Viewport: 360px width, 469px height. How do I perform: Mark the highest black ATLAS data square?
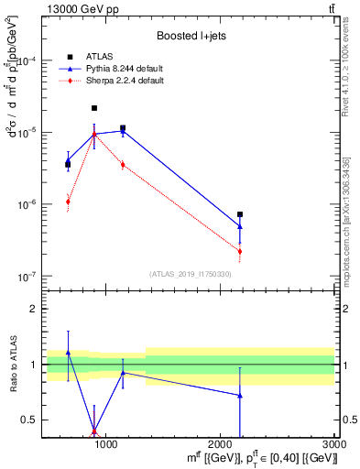94,108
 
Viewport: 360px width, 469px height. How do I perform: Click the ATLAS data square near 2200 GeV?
240,214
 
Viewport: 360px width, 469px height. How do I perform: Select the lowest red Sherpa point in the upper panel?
240,251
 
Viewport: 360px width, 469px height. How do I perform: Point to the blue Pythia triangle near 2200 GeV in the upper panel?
240,225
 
